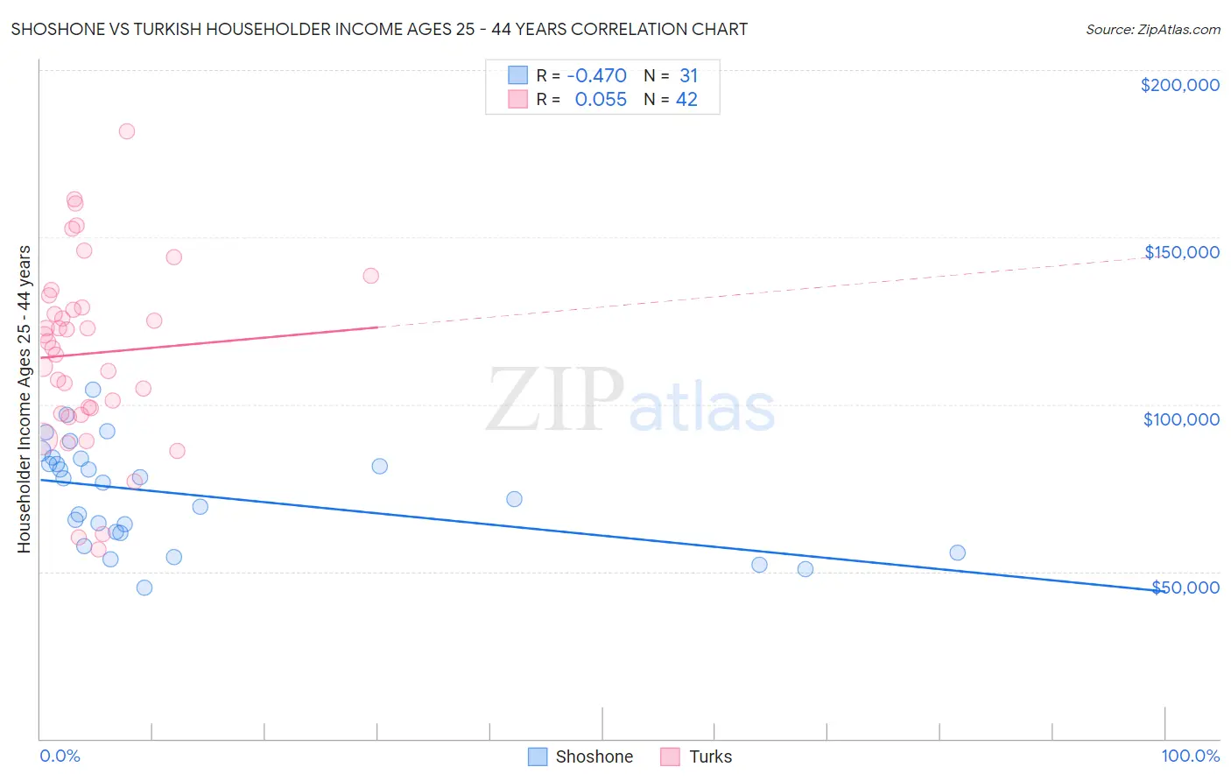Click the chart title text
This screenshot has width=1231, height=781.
click(x=379, y=29)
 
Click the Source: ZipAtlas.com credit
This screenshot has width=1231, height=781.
click(x=1152, y=29)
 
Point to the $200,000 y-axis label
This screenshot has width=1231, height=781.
click(x=1179, y=85)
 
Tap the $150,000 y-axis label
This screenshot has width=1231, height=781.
click(x=1181, y=252)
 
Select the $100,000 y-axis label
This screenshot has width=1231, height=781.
click(x=1181, y=419)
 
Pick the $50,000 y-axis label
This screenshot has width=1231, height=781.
click(x=1185, y=587)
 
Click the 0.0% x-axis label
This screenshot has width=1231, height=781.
click(x=60, y=756)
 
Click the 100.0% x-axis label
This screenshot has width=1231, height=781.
click(x=1190, y=756)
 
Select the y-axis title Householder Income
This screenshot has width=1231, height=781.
click(x=24, y=398)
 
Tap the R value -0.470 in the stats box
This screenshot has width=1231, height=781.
click(x=596, y=75)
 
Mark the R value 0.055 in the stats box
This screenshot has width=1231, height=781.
click(x=601, y=100)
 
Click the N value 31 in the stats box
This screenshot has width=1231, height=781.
click(x=688, y=75)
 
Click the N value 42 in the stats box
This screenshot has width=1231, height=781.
click(x=686, y=100)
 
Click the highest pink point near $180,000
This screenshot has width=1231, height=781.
click(x=127, y=131)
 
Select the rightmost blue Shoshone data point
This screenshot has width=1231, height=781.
click(x=957, y=552)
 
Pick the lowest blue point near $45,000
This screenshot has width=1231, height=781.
click(x=144, y=588)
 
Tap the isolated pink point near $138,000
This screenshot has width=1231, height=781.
click(x=370, y=276)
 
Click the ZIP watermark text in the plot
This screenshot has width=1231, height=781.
click(x=555, y=401)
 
